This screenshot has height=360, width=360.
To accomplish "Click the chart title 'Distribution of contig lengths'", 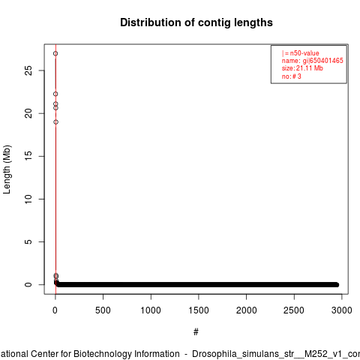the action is coord(196,22).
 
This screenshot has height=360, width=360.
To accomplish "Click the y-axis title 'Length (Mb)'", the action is coord(7,169).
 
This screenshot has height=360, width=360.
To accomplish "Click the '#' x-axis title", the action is coord(196,332).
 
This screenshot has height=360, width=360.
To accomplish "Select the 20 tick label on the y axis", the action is coord(29,113).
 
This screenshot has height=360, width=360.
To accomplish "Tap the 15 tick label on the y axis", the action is coord(29,156).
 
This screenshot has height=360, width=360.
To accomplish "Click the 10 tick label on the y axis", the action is coord(29,199).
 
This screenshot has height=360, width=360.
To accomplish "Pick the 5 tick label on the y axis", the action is coord(29,241).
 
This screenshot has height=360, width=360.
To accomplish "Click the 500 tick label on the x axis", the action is coord(103,310).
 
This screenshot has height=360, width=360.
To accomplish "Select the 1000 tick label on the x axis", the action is coord(151,310).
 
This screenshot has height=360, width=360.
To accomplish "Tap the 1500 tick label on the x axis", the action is coord(199,310).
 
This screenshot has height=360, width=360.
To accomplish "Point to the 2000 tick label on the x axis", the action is coord(247,310).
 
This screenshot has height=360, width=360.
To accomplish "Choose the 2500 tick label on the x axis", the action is coord(294,310).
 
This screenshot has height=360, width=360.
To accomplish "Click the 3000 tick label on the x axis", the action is coord(342,310).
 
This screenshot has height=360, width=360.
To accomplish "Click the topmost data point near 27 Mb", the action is coord(55,53).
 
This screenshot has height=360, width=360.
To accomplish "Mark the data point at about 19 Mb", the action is coord(55,122).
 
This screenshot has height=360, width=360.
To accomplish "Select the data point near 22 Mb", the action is coord(55,94).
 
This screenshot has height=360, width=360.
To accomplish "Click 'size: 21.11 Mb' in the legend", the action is coord(302,68).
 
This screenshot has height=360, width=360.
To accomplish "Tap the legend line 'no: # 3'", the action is coord(292,76).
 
